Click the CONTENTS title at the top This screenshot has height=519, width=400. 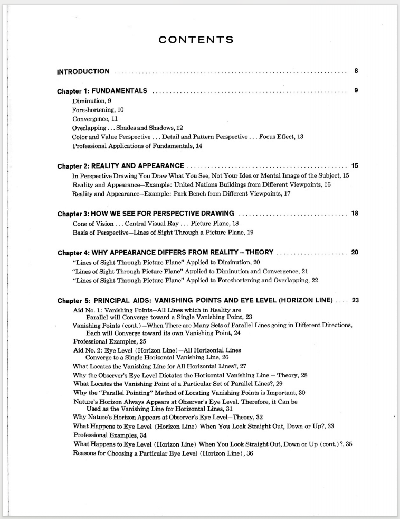tap(196, 40)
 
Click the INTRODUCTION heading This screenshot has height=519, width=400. tap(83, 71)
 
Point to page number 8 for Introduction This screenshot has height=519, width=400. tap(356, 71)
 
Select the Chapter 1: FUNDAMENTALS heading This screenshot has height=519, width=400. tap(102, 90)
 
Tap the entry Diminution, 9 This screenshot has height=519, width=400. tap(92, 100)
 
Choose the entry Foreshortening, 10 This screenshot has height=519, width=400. tap(98, 109)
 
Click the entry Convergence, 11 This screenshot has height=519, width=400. tap(95, 119)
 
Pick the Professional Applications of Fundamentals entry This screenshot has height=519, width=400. tap(137, 145)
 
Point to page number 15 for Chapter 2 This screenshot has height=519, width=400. tap(355, 165)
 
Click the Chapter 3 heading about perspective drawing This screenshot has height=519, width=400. tap(146, 214)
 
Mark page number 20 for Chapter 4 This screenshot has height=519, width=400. tap(355, 252)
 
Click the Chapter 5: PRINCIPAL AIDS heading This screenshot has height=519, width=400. tap(195, 300)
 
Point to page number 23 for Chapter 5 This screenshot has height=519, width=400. tap(355, 300)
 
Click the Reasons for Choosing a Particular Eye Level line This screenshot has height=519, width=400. tap(163, 453)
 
